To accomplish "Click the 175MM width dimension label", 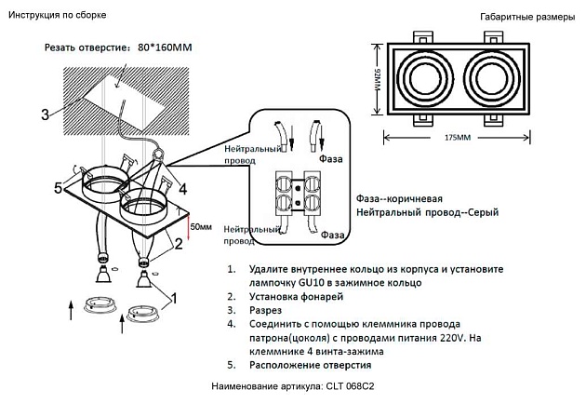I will coord(456,138).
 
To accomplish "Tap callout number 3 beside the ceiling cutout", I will coord(45,115).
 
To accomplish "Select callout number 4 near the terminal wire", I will coord(183,188).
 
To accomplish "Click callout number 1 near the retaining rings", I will coord(173,298).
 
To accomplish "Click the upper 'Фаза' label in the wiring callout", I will coord(331,159).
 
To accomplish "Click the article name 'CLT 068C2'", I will coord(355,385).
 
